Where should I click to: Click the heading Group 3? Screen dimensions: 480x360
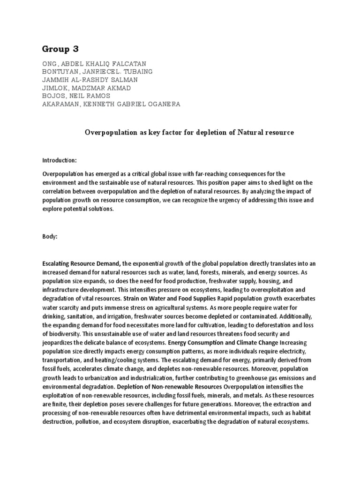(61, 49)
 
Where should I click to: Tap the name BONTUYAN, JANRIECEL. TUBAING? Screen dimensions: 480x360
(97, 71)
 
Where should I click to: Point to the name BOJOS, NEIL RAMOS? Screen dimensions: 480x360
(77, 96)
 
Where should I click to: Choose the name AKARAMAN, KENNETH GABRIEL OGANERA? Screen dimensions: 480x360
(111, 104)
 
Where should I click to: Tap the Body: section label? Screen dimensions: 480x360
(50, 237)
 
